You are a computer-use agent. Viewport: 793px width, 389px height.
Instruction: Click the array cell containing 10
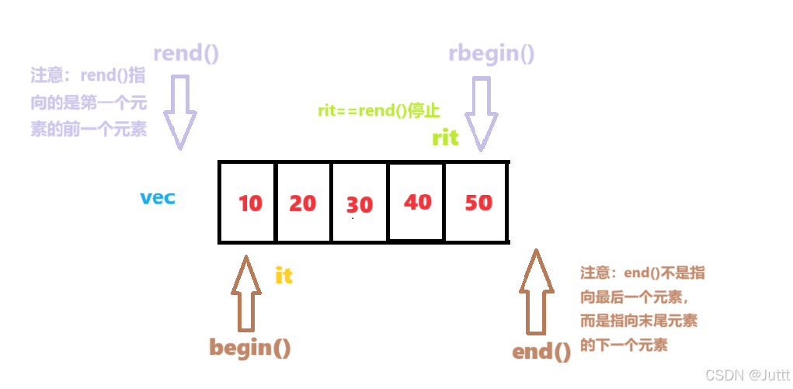click(248, 202)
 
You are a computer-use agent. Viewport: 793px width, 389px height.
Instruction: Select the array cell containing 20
click(303, 202)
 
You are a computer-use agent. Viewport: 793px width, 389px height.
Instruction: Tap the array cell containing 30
click(359, 203)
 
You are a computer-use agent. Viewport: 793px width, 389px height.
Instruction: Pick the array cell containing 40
click(416, 202)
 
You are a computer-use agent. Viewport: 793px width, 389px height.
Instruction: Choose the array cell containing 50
click(477, 202)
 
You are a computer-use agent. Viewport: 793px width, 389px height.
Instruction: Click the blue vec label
click(158, 197)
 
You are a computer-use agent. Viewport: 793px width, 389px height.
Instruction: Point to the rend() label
click(186, 54)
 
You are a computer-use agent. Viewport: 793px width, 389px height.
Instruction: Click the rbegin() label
click(491, 54)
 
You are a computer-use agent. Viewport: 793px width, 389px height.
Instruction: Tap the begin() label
click(250, 347)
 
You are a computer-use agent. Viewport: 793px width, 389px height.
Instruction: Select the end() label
click(541, 351)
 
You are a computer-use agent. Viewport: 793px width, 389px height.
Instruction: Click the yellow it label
click(283, 275)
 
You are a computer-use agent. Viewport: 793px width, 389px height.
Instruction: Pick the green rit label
click(445, 138)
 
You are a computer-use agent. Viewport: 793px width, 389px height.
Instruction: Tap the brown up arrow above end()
click(535, 291)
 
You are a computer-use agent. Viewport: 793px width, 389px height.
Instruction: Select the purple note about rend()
click(89, 102)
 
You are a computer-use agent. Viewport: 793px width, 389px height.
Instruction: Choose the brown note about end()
click(642, 309)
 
